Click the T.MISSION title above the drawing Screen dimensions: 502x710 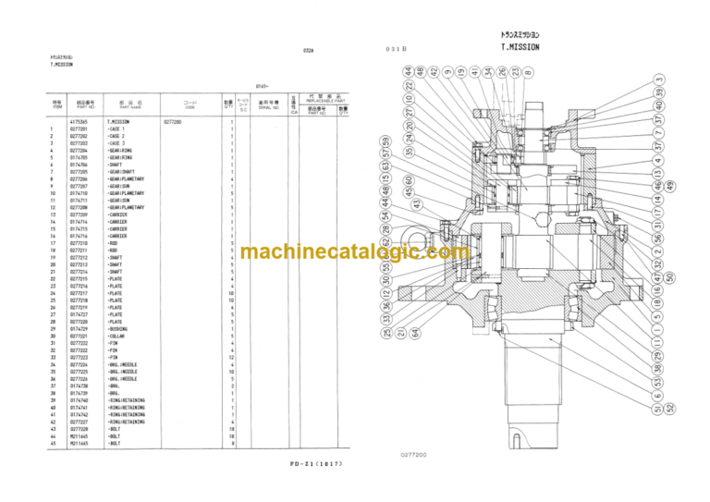[520, 47]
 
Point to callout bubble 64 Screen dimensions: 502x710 [415, 333]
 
